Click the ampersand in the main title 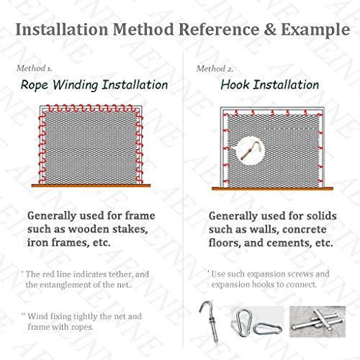coord(270,30)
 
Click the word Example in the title coord(315,30)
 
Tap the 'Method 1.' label coord(34,68)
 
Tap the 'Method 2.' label coord(215,69)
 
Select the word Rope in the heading coord(34,86)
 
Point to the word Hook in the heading coord(235,85)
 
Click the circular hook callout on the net coord(251,151)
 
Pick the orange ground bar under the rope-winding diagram coord(91,186)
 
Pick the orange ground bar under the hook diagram coord(272,189)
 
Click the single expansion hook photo coord(210,322)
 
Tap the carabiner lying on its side coord(268,328)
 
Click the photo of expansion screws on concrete coord(318,322)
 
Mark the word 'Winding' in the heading coord(75,86)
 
